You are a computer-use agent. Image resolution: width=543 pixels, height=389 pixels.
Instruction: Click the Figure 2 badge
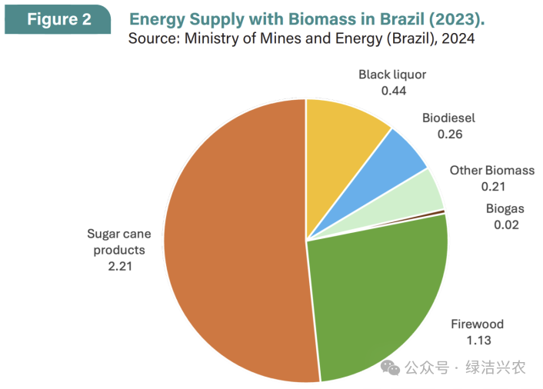(58, 19)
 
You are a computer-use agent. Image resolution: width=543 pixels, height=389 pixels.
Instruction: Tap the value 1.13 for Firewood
(477, 340)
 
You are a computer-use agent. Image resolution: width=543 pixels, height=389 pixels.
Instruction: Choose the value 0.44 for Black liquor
(394, 90)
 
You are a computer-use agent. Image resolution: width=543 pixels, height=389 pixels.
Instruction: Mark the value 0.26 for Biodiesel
(449, 134)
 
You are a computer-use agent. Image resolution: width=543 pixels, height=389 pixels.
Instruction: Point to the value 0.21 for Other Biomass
(493, 186)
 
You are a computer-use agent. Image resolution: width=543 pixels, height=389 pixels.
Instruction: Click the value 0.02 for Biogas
(506, 224)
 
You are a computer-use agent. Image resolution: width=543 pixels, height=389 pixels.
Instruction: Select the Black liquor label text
(392, 75)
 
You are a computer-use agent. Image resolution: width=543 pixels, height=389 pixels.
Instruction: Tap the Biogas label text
(505, 209)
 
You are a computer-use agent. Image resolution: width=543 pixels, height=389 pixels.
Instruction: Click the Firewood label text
(477, 324)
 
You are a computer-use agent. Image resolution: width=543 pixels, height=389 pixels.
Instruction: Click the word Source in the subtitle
(152, 38)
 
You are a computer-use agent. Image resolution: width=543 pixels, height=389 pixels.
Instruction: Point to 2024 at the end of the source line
(458, 38)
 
